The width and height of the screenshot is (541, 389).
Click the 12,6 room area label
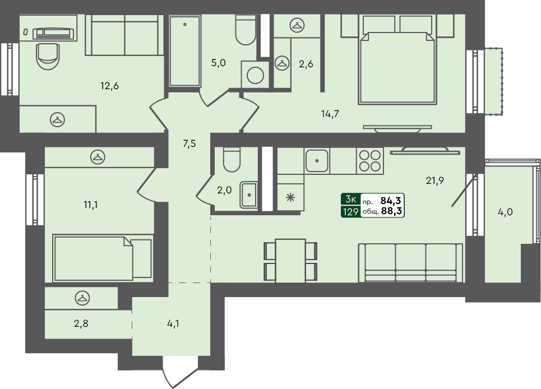tap(109, 86)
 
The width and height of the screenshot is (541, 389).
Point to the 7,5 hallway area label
tap(189, 143)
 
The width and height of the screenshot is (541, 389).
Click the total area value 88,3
tap(392, 211)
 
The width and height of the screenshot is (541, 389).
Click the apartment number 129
tap(350, 211)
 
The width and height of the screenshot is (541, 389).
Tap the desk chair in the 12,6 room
tap(47, 55)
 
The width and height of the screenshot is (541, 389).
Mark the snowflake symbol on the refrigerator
tap(290, 197)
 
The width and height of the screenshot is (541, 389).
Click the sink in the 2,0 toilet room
tap(248, 194)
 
